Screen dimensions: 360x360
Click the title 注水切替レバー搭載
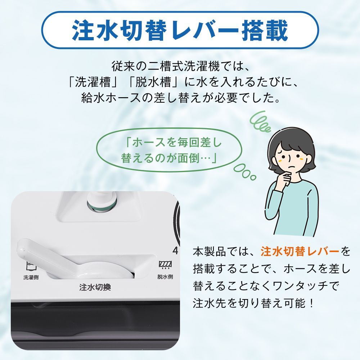(180, 31)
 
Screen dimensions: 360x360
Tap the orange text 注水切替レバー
(300, 251)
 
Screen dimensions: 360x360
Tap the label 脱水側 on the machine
(165, 277)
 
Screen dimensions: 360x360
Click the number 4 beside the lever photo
(175, 250)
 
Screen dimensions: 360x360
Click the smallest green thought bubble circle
(253, 177)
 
